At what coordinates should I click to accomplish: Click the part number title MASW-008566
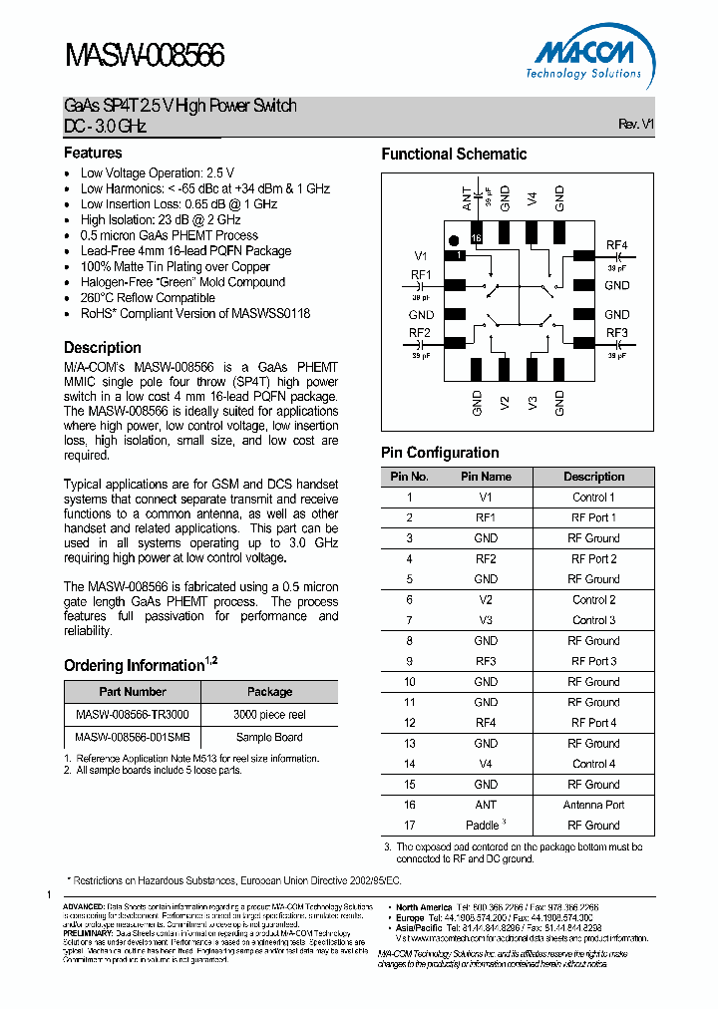pyautogui.click(x=145, y=56)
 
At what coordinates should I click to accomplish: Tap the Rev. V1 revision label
pyautogui.click(x=635, y=125)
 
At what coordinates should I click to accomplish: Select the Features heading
pyautogui.click(x=93, y=153)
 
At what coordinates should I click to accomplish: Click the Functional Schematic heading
pyautogui.click(x=454, y=154)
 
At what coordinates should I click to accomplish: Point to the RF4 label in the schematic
pyautogui.click(x=616, y=246)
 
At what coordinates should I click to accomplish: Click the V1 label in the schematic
pyautogui.click(x=421, y=255)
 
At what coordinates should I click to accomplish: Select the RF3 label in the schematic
pyautogui.click(x=616, y=333)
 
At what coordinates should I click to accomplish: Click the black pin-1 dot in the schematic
pyautogui.click(x=454, y=240)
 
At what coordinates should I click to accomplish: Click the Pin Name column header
pyautogui.click(x=486, y=477)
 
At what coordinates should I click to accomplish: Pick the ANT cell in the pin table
pyautogui.click(x=486, y=805)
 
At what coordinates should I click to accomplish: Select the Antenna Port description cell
pyautogui.click(x=593, y=805)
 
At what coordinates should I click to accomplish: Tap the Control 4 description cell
pyautogui.click(x=593, y=764)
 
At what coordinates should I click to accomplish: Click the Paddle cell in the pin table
pyautogui.click(x=486, y=826)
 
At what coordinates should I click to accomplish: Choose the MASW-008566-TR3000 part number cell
pyautogui.click(x=133, y=715)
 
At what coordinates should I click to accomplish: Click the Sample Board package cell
pyautogui.click(x=269, y=738)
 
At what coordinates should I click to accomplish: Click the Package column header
pyautogui.click(x=269, y=692)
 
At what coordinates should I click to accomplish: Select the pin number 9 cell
pyautogui.click(x=409, y=661)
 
